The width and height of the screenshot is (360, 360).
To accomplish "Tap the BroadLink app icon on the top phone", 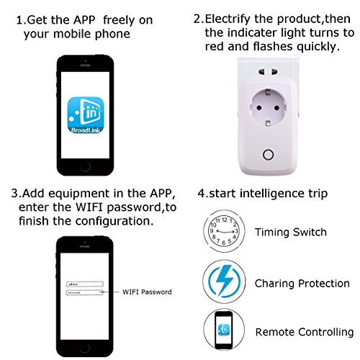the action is click(x=86, y=114).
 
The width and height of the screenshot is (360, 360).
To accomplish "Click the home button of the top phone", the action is click(x=86, y=167).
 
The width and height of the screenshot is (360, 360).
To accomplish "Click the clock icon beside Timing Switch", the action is click(x=224, y=231).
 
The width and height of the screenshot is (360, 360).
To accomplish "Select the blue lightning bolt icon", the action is click(x=225, y=281).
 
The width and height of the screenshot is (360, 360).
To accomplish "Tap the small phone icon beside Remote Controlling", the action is click(x=224, y=330).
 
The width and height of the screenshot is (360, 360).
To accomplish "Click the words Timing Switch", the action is click(x=291, y=232).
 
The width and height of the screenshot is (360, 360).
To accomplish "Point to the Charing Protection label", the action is click(x=302, y=284).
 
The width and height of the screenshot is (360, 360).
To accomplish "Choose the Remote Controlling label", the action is click(x=305, y=332).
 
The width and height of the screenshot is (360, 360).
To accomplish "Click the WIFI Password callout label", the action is click(x=147, y=292).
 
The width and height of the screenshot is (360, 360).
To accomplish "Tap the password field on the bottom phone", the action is click(x=85, y=292).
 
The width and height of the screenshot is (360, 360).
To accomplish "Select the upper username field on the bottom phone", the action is click(x=85, y=284).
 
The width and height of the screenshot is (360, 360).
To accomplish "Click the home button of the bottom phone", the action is click(x=85, y=348).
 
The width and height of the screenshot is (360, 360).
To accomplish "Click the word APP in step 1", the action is click(x=84, y=19).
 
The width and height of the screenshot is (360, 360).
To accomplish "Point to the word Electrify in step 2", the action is click(x=228, y=19).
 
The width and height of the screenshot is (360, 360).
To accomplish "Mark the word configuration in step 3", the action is click(x=114, y=221).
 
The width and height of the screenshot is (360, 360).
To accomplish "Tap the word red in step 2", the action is click(x=215, y=46).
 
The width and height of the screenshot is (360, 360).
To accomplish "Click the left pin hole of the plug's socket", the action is click(x=259, y=108).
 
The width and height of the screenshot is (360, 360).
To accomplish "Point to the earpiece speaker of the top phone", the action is click(x=85, y=65).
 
